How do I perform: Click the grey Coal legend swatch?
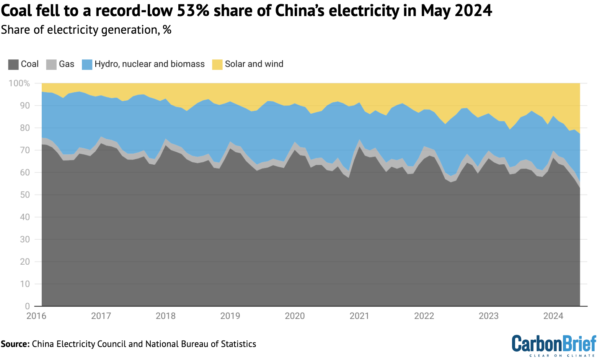click(x=13, y=64)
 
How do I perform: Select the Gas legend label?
click(x=66, y=64)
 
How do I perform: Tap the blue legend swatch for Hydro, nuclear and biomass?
click(x=87, y=64)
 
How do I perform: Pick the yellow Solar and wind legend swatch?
click(x=217, y=64)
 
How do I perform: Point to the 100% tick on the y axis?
click(x=19, y=83)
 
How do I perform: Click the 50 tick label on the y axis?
click(x=25, y=195)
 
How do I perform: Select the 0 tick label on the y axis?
click(x=27, y=306)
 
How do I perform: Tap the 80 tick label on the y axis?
click(x=25, y=128)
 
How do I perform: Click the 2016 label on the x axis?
click(x=36, y=316)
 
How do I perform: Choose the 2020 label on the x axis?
click(x=295, y=316)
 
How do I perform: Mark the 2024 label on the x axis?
click(x=553, y=316)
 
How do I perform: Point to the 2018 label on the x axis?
click(x=166, y=316)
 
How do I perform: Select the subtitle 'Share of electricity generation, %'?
click(x=86, y=30)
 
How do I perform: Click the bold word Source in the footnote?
click(x=15, y=344)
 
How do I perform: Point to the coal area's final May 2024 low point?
click(x=580, y=188)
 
